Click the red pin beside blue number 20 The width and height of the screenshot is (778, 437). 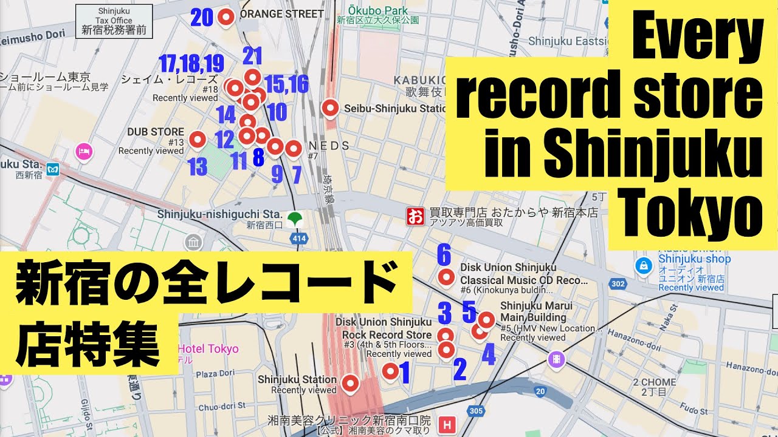227,18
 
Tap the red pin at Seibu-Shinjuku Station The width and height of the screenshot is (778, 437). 330,108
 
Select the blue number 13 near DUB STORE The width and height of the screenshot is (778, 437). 198,166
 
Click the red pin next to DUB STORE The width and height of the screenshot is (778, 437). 197,140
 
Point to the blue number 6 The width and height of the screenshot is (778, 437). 444,255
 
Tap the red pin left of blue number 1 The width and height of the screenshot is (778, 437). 390,370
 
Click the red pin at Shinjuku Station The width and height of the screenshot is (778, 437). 350,383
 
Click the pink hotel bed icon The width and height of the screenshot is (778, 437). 83,151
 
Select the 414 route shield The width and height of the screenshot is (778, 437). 299,239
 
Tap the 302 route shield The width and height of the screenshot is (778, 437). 618,283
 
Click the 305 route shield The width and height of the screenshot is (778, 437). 477,412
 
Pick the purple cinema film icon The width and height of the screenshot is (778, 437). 556,360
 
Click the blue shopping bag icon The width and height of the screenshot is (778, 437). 642,265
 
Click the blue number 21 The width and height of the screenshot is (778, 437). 252,56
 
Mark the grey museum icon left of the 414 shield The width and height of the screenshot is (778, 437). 193,243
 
